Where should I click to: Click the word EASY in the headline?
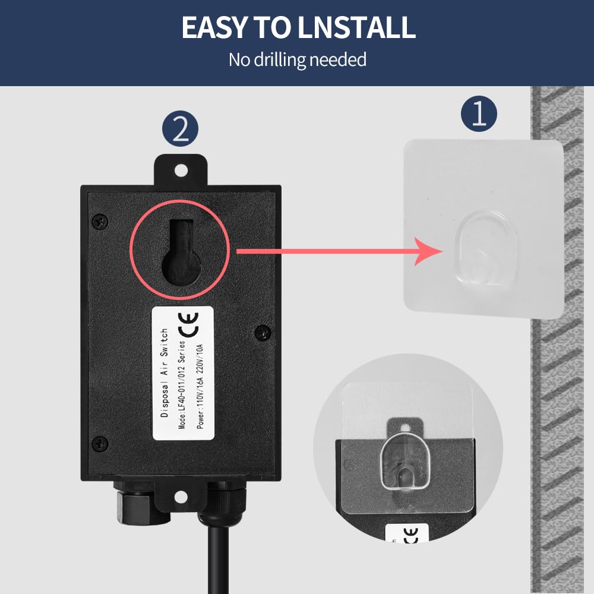click(x=214, y=27)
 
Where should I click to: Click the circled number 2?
click(x=181, y=130)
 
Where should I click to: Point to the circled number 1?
click(x=479, y=114)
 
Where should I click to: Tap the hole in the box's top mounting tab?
click(x=181, y=170)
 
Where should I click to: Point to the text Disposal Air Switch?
click(x=165, y=373)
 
